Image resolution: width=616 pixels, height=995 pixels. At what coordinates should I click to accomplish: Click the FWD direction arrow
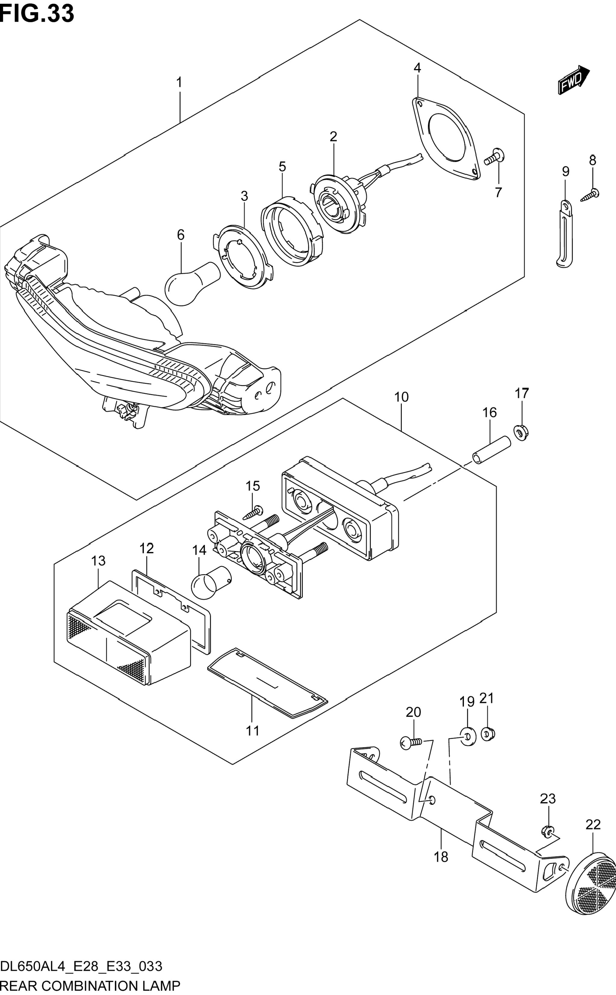pos(574,80)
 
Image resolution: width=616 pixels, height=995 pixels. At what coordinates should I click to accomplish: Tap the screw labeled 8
pos(590,195)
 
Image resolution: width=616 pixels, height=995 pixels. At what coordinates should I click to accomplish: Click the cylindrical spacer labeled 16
pos(491,450)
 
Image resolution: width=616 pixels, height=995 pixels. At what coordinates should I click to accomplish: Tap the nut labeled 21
pos(487,734)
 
